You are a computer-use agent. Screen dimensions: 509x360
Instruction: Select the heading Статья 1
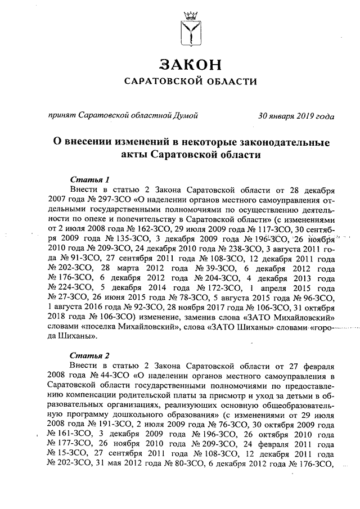coord(91,179)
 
